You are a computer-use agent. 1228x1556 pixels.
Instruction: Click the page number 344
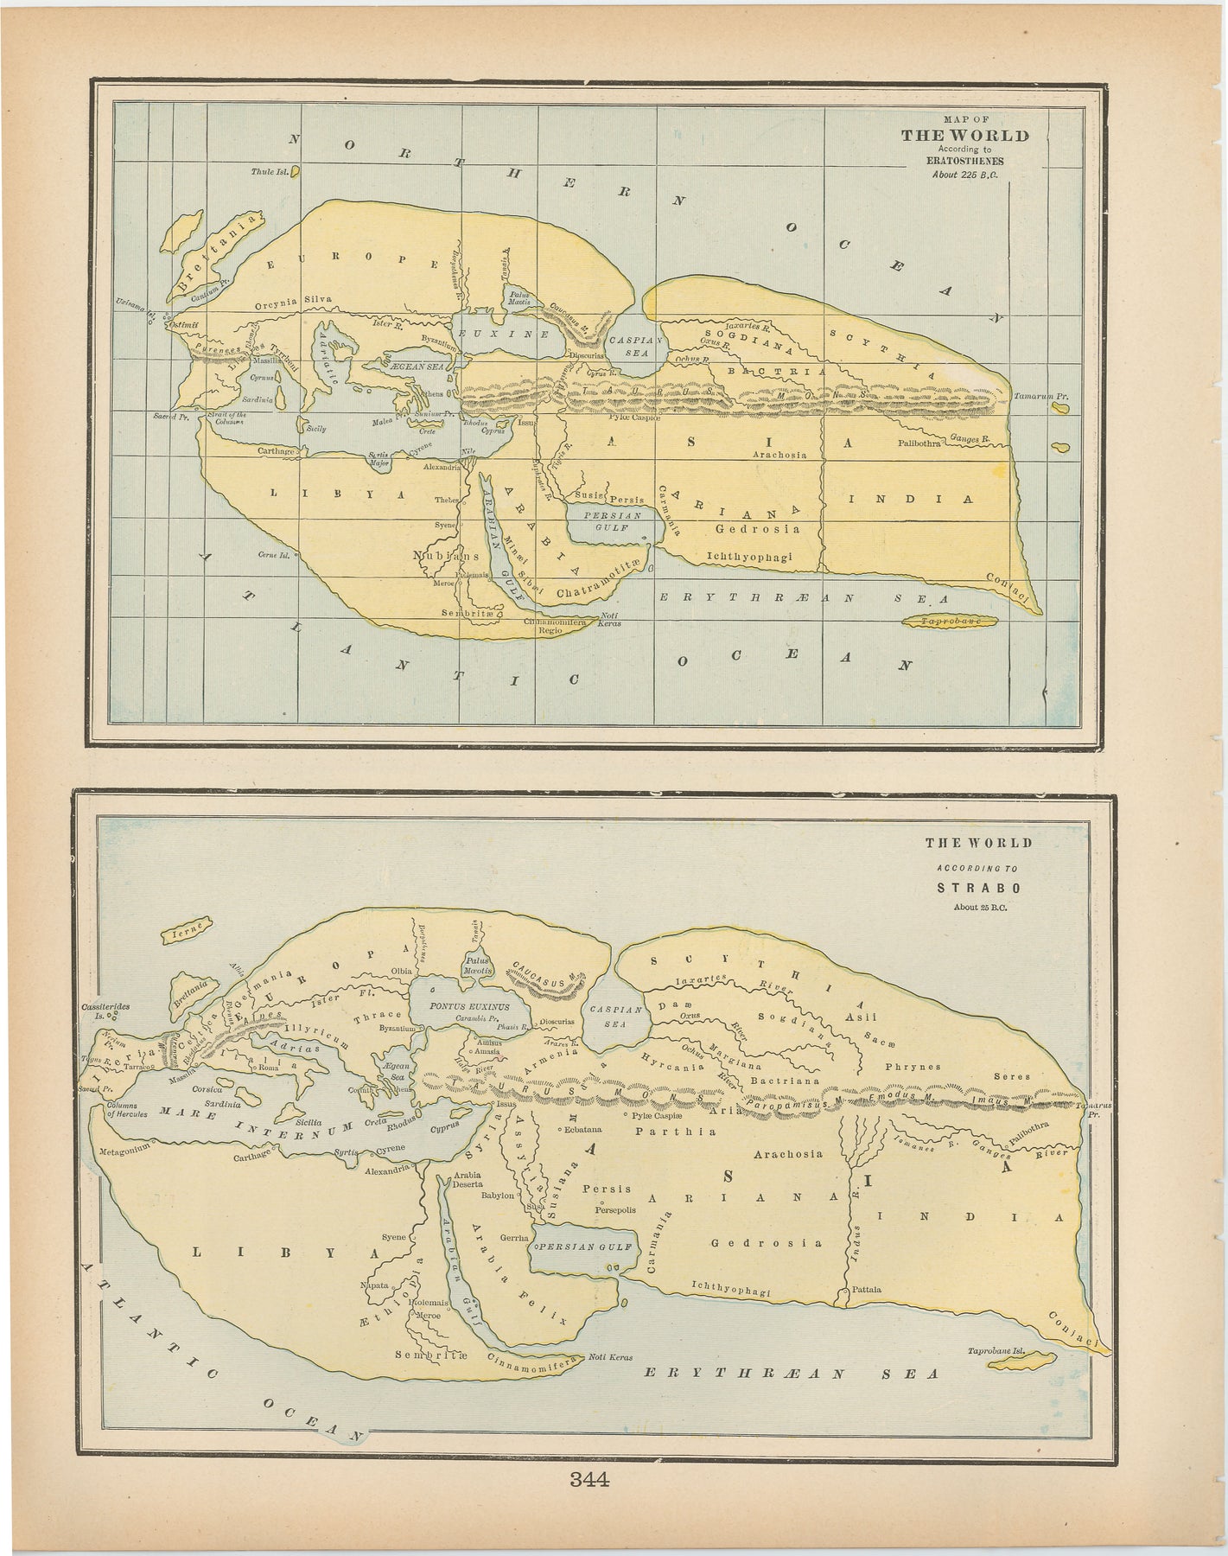pos(590,1478)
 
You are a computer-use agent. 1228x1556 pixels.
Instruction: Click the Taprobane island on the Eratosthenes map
pos(950,622)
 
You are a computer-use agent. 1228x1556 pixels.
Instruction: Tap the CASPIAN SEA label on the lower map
pos(614,1015)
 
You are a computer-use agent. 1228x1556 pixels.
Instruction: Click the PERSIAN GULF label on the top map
pos(612,520)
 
